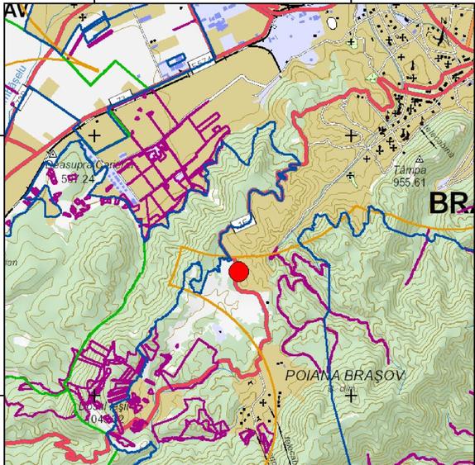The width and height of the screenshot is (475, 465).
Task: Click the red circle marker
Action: pos(239,272)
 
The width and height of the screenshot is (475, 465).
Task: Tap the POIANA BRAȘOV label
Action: pos(344,375)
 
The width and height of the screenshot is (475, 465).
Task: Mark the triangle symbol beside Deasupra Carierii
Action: pos(52,154)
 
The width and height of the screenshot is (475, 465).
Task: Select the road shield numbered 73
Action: pos(121,100)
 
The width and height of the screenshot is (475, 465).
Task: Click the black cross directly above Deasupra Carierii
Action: pos(95,135)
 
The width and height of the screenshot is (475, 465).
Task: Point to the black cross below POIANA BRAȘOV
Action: pos(351,396)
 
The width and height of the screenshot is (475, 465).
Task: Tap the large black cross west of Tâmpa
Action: pos(351,135)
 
